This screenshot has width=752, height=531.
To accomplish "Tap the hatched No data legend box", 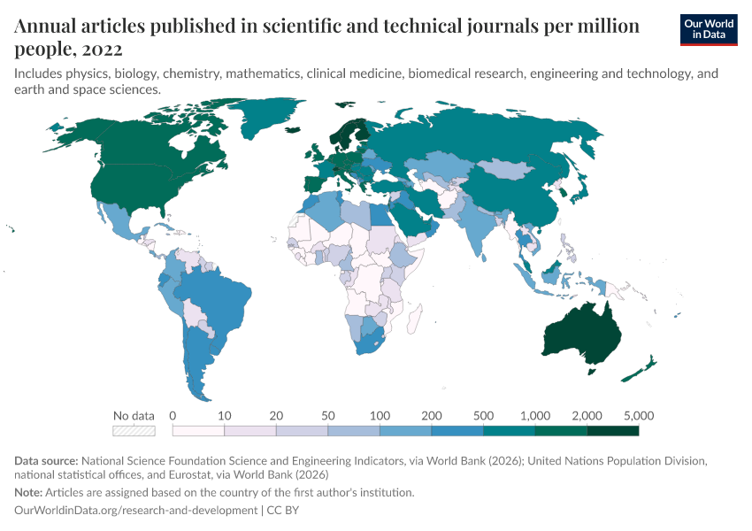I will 134,431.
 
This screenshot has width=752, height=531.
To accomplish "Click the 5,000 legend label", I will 638,415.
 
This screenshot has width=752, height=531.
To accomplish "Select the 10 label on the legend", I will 225,415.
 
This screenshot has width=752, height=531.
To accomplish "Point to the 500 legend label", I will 483,415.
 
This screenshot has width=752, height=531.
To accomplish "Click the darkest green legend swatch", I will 612,431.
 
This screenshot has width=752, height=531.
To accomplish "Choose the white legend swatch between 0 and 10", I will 198,431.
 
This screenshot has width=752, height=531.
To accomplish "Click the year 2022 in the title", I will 104,49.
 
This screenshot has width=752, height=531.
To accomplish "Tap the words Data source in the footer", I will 45,460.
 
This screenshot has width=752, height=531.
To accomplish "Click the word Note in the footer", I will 28,492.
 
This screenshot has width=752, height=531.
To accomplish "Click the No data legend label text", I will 134,415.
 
